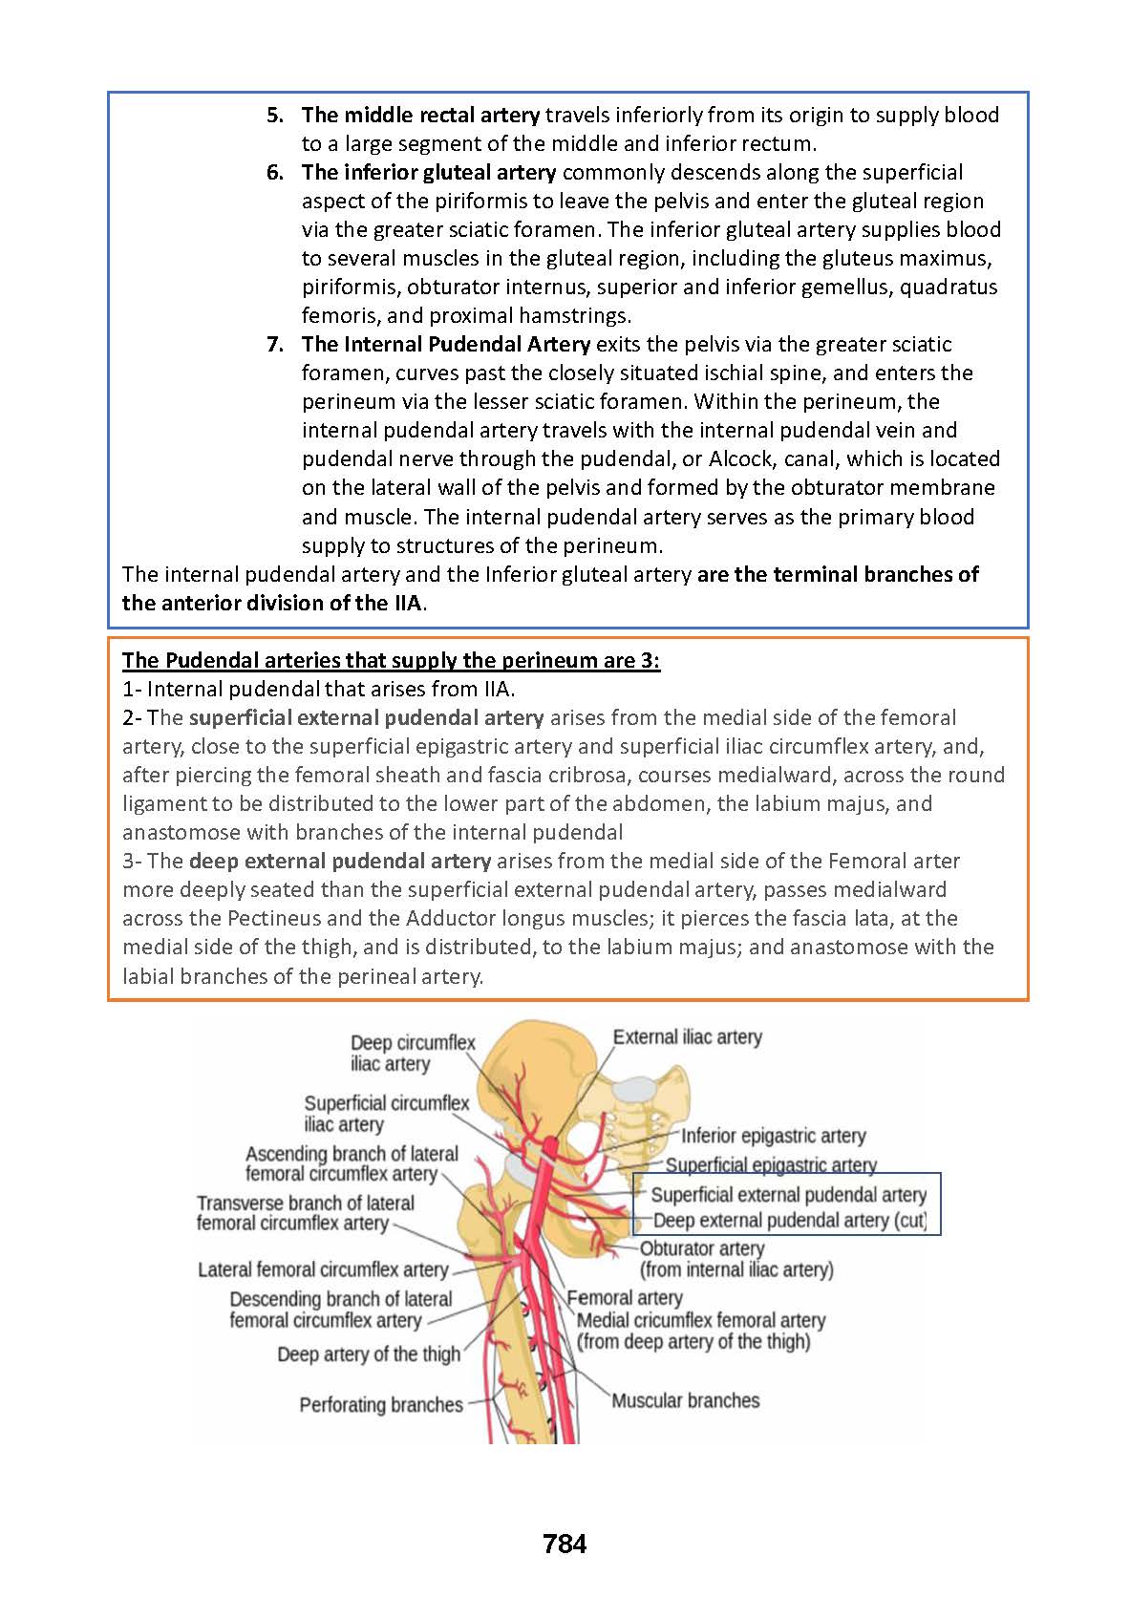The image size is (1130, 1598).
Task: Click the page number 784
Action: (x=564, y=1544)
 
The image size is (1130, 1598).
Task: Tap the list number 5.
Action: (x=275, y=116)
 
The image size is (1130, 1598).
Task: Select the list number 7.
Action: (x=275, y=345)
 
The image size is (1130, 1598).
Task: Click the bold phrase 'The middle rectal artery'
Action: (x=420, y=116)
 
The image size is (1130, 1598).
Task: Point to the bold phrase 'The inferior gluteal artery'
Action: (x=429, y=173)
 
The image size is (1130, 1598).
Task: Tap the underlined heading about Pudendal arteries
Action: (x=391, y=661)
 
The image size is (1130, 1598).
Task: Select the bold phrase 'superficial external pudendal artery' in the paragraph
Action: (x=366, y=718)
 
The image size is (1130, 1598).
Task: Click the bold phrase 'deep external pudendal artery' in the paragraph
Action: (x=340, y=862)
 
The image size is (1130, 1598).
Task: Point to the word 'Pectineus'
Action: (x=276, y=919)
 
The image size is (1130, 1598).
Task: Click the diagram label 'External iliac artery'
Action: (x=687, y=1037)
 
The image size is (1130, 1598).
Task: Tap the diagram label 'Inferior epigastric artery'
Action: (x=773, y=1136)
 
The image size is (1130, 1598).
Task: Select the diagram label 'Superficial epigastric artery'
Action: (x=771, y=1165)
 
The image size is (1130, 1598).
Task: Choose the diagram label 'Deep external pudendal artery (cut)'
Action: (x=790, y=1221)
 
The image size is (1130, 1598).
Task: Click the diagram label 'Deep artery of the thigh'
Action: (x=369, y=1354)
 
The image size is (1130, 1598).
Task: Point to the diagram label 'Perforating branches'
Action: (x=380, y=1405)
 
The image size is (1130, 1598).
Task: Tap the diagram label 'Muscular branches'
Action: (x=685, y=1401)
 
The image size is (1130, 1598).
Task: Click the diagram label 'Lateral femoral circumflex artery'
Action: (x=323, y=1270)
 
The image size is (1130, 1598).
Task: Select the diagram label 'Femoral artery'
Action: (x=625, y=1298)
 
